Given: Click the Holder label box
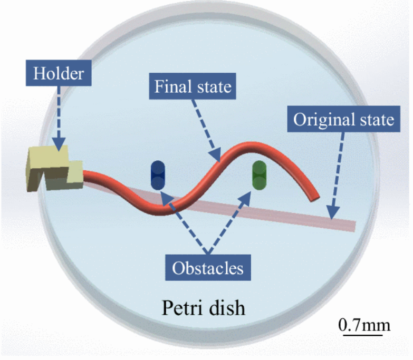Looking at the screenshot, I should (59, 73).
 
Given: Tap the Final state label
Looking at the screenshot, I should (193, 86).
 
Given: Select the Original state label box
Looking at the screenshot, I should (343, 119).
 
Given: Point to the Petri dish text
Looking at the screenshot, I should (203, 307).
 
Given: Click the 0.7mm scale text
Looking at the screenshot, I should (364, 324).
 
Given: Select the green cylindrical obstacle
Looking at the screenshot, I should (260, 175).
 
